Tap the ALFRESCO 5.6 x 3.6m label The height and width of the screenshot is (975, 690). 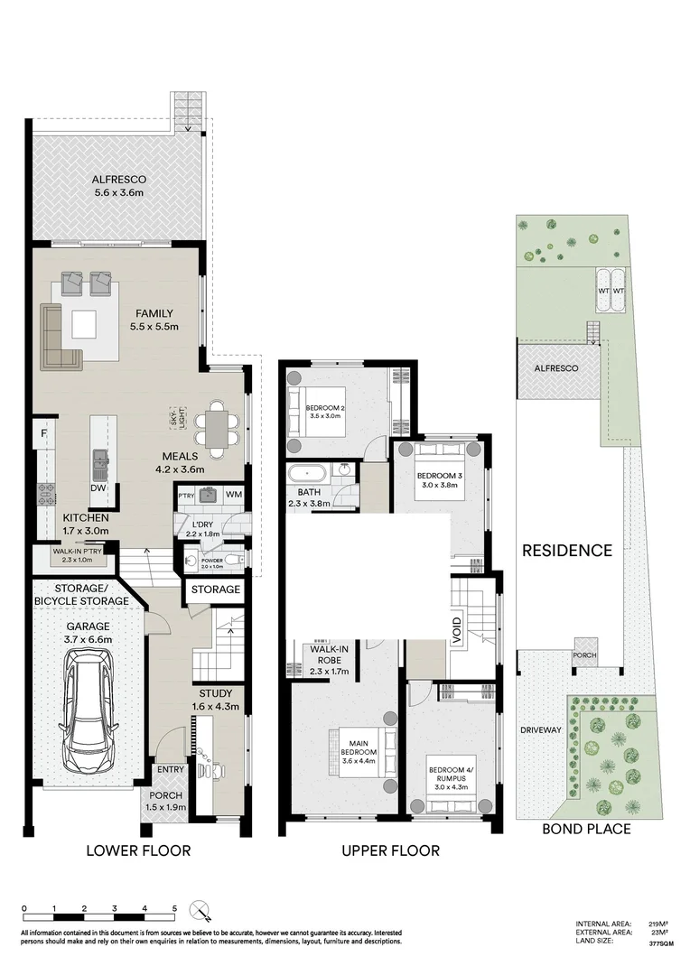(119, 186)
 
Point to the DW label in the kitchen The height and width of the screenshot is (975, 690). (98, 488)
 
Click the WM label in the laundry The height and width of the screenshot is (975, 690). (233, 494)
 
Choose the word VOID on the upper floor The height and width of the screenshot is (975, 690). (457, 625)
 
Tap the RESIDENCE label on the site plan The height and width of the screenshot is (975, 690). (566, 550)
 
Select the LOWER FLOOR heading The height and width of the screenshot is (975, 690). (138, 850)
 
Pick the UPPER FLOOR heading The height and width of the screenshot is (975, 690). (389, 850)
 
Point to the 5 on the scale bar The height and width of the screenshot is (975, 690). (174, 908)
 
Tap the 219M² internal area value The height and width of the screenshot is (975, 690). (657, 924)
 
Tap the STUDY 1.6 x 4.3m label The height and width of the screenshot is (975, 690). (215, 700)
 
